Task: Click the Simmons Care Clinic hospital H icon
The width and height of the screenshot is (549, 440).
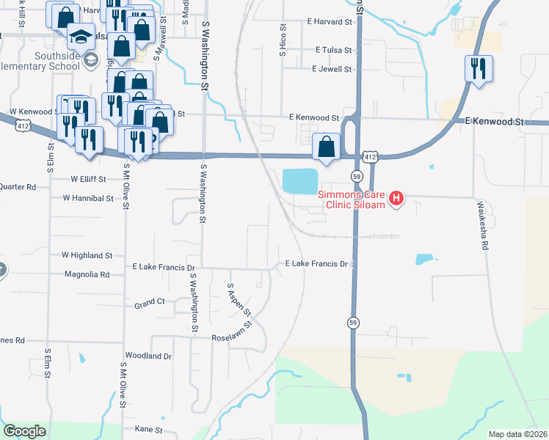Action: pyautogui.click(x=397, y=198)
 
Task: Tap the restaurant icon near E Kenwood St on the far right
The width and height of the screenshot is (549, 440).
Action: pyautogui.click(x=478, y=69)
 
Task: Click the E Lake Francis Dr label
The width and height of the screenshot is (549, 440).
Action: pyautogui.click(x=316, y=263)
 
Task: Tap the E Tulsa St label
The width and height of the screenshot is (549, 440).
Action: pyautogui.click(x=333, y=51)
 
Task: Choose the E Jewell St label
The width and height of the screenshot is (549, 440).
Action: pyautogui.click(x=332, y=70)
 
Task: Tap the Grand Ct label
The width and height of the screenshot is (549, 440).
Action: pyautogui.click(x=149, y=302)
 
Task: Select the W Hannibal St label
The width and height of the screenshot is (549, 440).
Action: pyautogui.click(x=87, y=198)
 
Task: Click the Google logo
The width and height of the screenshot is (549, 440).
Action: pyautogui.click(x=24, y=431)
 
